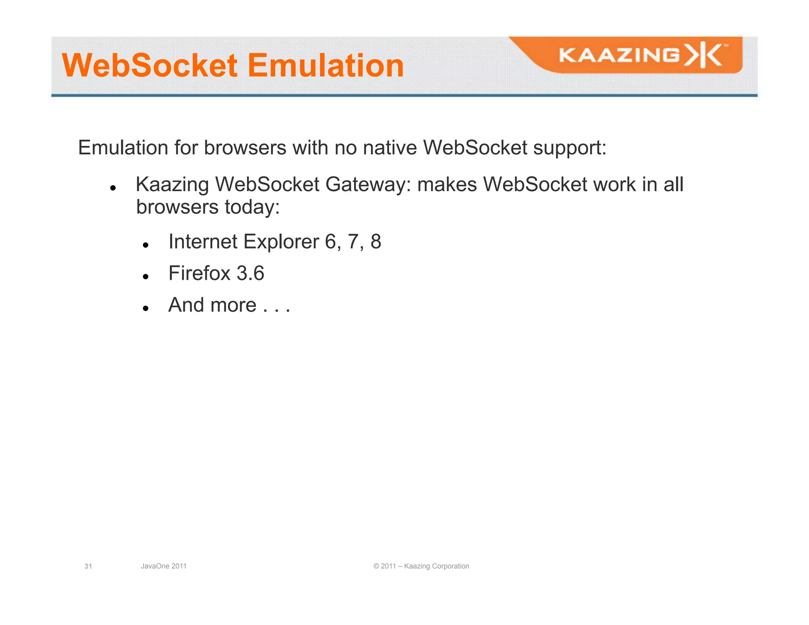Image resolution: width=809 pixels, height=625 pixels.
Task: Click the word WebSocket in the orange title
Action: pyautogui.click(x=150, y=65)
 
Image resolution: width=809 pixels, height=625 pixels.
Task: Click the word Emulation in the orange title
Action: pyautogui.click(x=325, y=65)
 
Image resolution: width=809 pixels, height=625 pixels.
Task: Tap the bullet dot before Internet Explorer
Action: pyautogui.click(x=146, y=245)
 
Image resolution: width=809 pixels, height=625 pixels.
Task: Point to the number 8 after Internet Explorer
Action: pyautogui.click(x=376, y=241)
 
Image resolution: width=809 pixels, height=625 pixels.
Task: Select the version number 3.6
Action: pyautogui.click(x=250, y=273)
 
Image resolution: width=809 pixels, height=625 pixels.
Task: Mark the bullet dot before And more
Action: pyautogui.click(x=146, y=308)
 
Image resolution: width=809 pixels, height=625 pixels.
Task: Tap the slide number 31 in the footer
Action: pyautogui.click(x=88, y=566)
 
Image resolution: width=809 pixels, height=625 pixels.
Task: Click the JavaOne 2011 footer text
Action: pyautogui.click(x=164, y=566)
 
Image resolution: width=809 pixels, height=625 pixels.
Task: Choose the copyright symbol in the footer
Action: pyautogui.click(x=376, y=566)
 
